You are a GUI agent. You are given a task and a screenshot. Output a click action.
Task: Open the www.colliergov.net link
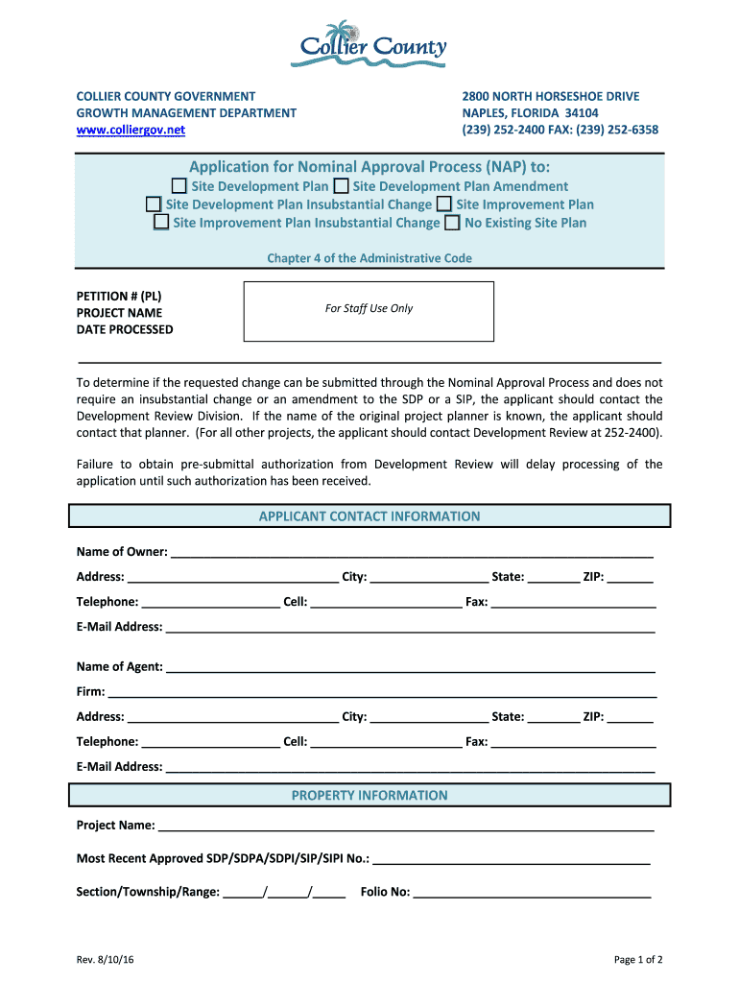[x=131, y=130]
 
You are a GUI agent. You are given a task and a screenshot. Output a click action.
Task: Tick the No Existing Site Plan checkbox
[x=452, y=223]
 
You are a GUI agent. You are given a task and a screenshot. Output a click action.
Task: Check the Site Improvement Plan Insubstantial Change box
[x=161, y=223]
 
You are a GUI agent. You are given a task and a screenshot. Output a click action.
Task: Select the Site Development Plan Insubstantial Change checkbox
[x=154, y=204]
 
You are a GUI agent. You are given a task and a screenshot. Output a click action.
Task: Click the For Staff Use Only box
[x=369, y=311]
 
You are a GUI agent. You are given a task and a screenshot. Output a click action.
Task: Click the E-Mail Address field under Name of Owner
[x=410, y=627]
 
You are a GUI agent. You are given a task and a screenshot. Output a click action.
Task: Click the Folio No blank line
[x=532, y=893]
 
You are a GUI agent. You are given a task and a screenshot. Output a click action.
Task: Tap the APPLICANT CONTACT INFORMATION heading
[x=369, y=516]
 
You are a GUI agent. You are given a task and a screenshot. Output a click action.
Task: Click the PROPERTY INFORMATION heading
[x=369, y=795]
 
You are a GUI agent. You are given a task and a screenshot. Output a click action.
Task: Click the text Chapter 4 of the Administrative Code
[x=369, y=258]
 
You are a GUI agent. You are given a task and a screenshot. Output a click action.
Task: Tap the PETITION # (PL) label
[x=119, y=296]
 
